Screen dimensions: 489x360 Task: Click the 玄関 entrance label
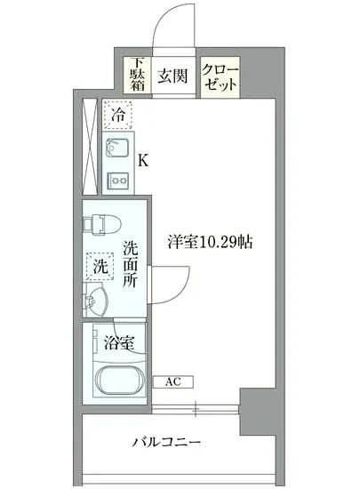point(172,76)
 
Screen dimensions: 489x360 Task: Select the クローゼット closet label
point(219,76)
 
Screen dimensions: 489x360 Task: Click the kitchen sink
point(117,148)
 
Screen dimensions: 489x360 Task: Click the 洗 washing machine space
point(100,265)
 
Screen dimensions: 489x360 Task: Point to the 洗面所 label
point(130,263)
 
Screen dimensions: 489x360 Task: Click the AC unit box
point(173,382)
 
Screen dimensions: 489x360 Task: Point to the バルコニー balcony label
point(168,442)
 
